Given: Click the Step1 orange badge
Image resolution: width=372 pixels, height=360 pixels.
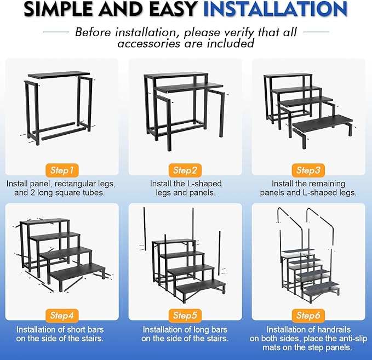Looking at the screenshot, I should pos(62,170).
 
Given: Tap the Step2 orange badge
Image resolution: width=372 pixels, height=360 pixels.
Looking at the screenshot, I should pos(185,170).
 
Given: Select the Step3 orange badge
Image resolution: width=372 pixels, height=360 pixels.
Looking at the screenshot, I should pos(308,170).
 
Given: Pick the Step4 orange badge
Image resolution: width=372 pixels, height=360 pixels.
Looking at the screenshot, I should pos(62,315).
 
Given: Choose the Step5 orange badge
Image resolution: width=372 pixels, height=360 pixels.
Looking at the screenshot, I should pos(185,315).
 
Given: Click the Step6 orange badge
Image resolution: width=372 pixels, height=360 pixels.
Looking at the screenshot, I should pos(308,315).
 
